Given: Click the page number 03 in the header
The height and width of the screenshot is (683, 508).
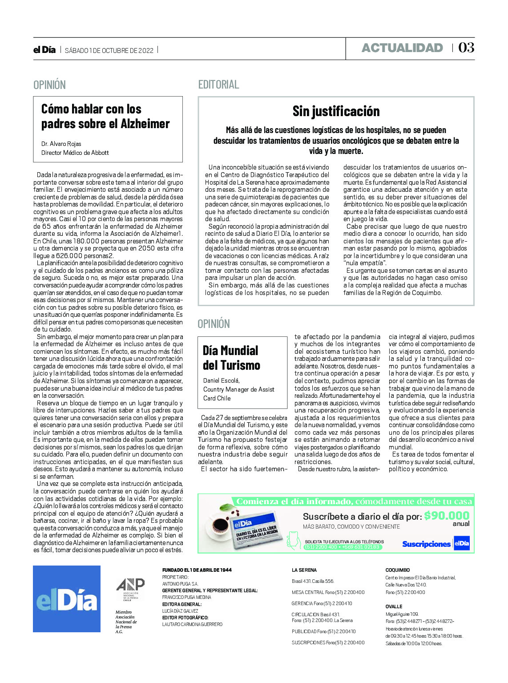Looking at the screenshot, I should tap(466, 48).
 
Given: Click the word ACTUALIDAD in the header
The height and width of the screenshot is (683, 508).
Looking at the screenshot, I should tap(402, 48).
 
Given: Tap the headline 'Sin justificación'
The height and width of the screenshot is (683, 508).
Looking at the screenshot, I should tap(336, 111).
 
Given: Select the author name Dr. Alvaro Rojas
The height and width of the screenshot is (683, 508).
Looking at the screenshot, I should tap(61, 144).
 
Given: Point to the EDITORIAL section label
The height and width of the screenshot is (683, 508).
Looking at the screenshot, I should tap(218, 85).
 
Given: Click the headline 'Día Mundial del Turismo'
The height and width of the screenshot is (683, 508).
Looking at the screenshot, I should tap(231, 358).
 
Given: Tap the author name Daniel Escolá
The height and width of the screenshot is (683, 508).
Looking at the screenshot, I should tap(221, 380).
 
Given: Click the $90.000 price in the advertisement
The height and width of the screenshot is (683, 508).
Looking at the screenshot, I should tap(446, 516).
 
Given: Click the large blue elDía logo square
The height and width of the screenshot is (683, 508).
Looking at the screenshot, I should tap(67, 598).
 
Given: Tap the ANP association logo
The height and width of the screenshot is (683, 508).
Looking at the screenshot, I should tap(130, 589).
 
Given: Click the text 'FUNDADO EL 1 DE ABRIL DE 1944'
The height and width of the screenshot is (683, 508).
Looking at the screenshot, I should tap(197, 570).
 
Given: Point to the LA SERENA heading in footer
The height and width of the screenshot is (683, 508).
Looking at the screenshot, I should tap(304, 570).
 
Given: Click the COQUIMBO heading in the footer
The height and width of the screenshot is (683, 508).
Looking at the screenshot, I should tap(397, 570).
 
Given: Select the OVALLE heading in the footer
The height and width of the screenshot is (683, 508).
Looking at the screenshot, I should tap(394, 606).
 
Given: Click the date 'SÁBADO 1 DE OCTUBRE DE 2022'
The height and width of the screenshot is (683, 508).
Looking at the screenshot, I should tap(109, 51).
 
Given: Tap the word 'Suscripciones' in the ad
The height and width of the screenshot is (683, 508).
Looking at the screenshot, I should tap(426, 544).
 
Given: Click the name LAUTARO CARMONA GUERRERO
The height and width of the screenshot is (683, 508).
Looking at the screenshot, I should tap(192, 624).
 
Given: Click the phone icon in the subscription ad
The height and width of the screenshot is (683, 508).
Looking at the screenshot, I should tap(293, 539).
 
